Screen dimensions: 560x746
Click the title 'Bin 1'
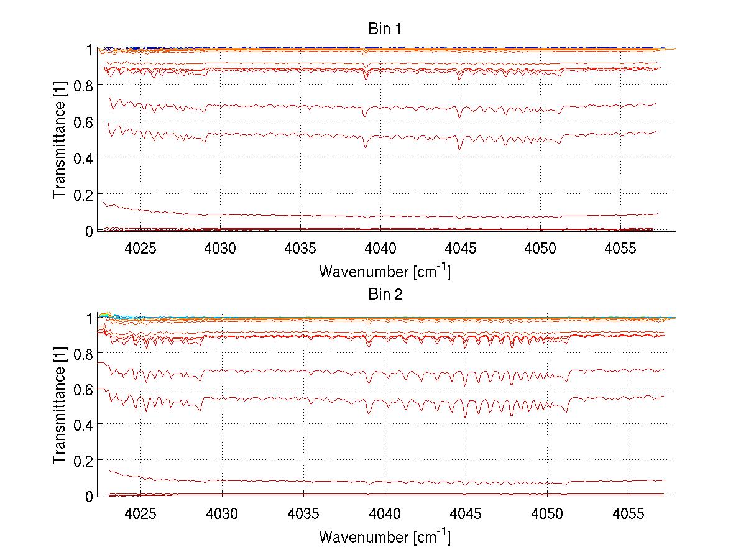click(385, 29)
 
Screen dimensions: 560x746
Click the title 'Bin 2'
click(385, 294)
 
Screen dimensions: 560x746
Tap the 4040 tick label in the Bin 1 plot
click(380, 249)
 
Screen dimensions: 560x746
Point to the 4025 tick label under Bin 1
click(140, 249)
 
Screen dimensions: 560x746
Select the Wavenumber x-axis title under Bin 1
click(384, 271)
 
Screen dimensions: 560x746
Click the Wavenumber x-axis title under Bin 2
click(384, 537)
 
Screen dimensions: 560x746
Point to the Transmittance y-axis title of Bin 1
click(60, 139)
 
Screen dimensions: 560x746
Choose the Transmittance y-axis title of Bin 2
click(60, 405)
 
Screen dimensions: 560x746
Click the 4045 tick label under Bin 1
click(461, 249)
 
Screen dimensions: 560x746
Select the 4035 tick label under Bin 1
click(300, 249)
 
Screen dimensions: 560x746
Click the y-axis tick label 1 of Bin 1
click(89, 49)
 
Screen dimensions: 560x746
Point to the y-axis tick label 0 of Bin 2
click(89, 496)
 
